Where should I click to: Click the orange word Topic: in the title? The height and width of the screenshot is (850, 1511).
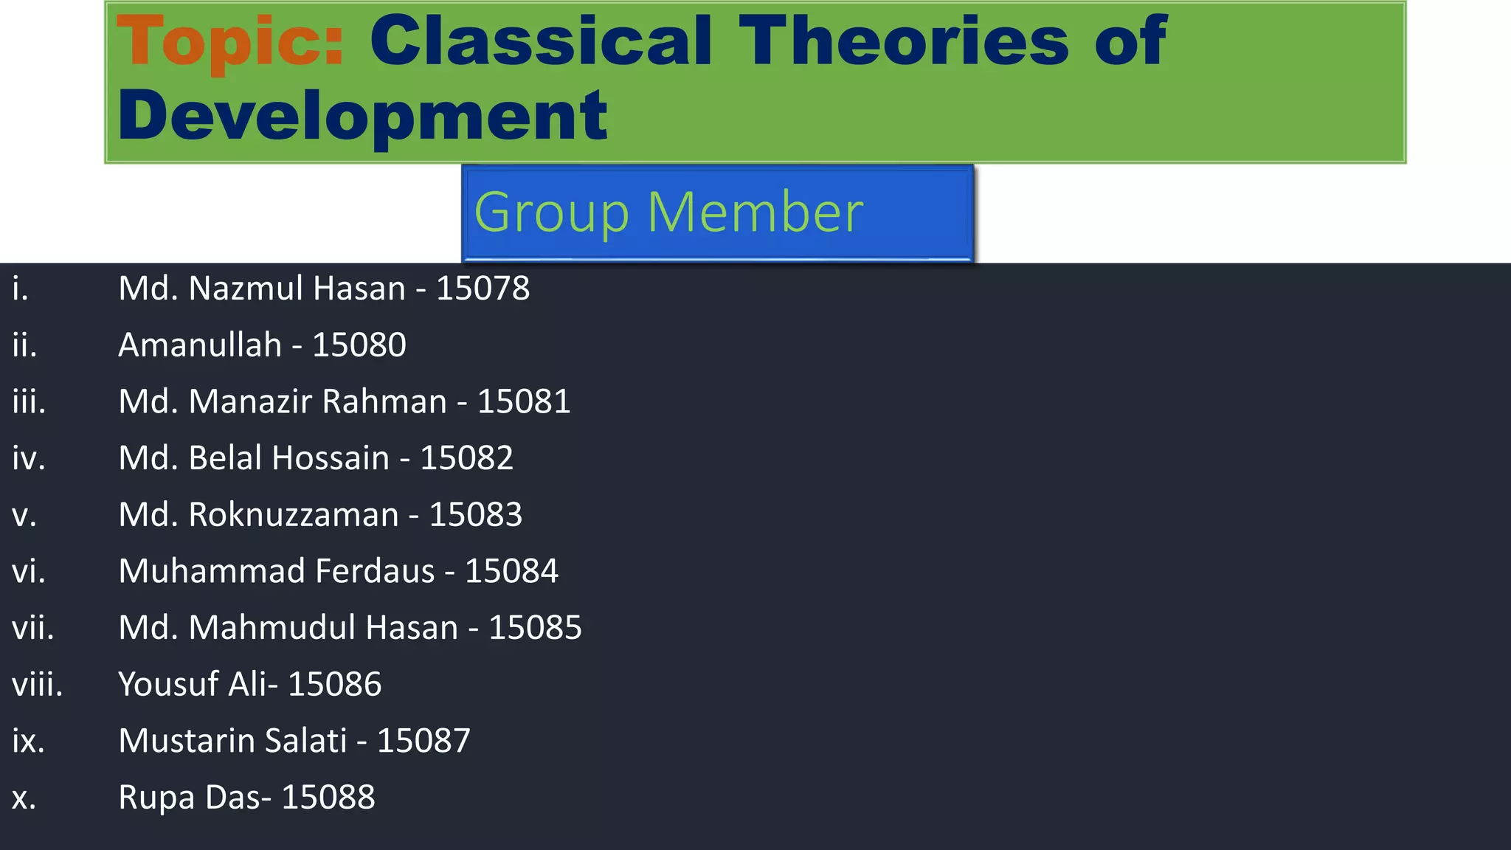point(230,43)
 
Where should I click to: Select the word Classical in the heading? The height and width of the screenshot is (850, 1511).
point(541,41)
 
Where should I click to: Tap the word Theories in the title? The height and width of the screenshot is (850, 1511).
point(904,41)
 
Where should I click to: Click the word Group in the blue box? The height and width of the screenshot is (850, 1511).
point(551,212)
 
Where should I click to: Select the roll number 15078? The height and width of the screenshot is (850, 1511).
point(483,288)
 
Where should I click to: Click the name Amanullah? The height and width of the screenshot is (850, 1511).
point(200,345)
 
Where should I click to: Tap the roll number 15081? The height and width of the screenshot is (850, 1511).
point(524,402)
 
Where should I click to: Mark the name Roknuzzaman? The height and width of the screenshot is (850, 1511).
point(294,515)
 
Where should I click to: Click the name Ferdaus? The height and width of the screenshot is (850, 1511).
point(375,572)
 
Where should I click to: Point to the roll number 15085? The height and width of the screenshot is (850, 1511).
point(535,628)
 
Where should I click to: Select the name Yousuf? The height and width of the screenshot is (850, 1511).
point(168,685)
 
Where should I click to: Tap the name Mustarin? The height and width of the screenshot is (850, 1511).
point(185,741)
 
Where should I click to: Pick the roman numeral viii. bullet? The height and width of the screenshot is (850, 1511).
point(37,685)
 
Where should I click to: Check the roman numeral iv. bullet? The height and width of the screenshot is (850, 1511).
point(29,458)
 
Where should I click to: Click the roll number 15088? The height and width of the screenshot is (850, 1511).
point(328,798)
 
